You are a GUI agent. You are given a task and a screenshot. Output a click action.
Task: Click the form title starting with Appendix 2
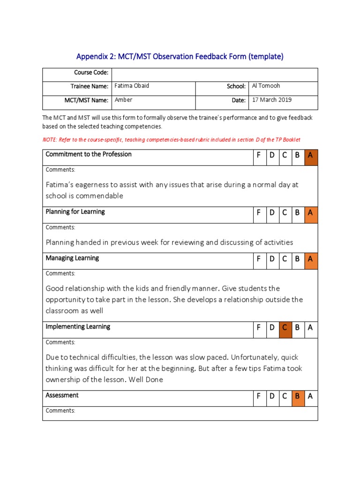tap(180, 57)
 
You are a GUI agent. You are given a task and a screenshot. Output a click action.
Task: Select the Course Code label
tap(91, 73)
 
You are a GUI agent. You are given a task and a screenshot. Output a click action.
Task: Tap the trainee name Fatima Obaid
tap(132, 86)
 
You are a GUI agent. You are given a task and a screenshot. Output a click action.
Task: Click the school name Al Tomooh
tap(266, 86)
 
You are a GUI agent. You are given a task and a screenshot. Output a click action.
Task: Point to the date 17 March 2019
tap(272, 100)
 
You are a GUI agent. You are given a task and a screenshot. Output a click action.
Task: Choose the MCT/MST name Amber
tap(124, 100)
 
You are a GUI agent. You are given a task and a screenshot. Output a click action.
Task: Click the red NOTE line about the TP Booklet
tap(171, 140)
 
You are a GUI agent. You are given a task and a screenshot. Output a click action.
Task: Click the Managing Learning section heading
tap(72, 258)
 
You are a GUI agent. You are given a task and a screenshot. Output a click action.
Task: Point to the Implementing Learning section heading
tap(78, 327)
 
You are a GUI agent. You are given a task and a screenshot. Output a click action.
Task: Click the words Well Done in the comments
tap(147, 380)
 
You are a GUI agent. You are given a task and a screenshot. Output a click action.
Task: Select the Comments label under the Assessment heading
tap(60, 411)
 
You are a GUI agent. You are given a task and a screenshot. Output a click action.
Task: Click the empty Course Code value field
tap(215, 75)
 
